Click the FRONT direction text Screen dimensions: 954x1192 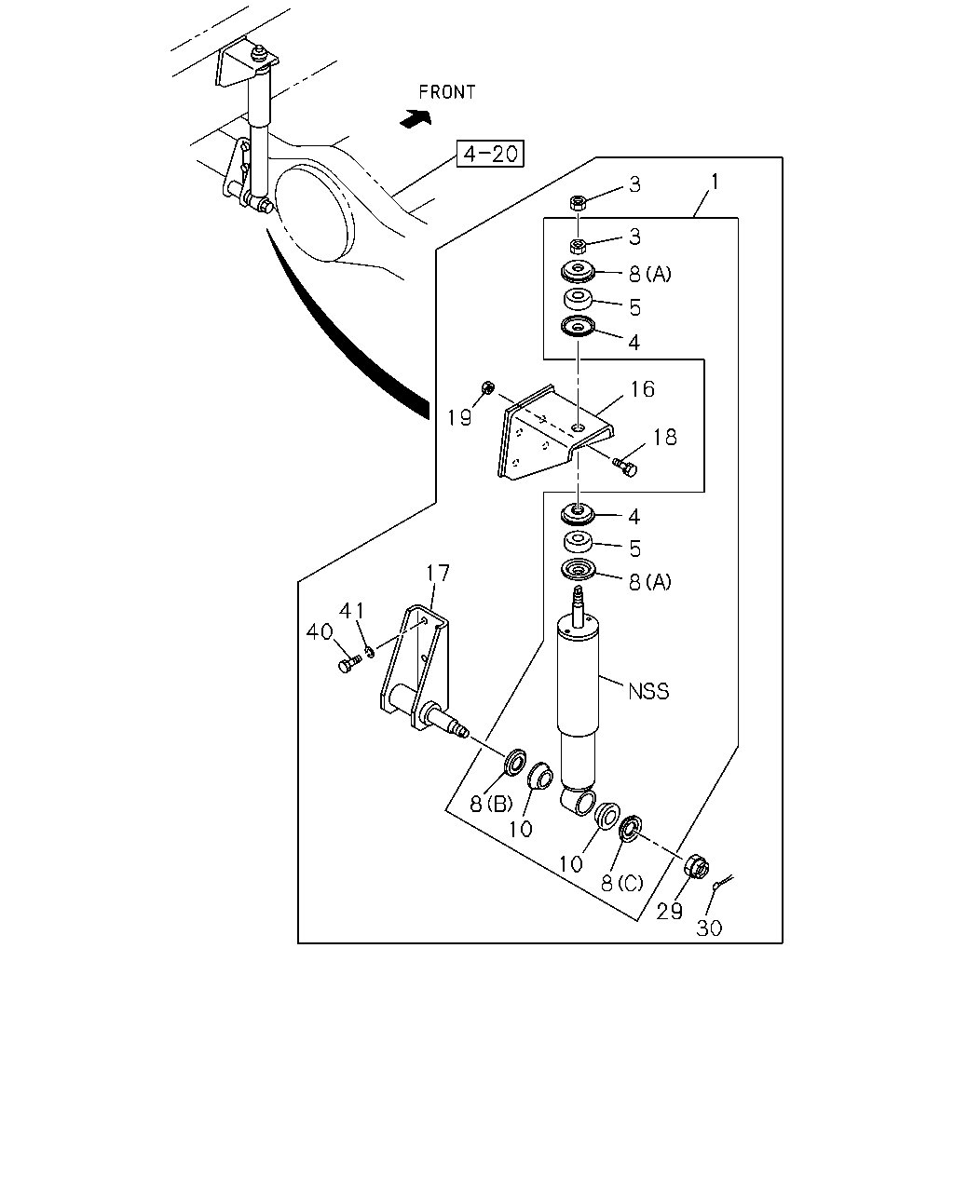447,92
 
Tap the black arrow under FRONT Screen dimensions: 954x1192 416,118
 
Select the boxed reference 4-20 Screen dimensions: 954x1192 490,154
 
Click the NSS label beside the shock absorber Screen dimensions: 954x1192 648,691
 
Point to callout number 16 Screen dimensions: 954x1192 643,389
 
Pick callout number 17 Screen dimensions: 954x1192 438,574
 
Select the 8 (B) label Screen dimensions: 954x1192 491,805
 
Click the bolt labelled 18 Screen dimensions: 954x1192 625,467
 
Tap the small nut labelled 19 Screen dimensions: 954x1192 487,387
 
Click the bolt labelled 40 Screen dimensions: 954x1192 348,663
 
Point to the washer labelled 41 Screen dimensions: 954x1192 370,651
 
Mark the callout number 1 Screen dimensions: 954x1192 715,182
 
